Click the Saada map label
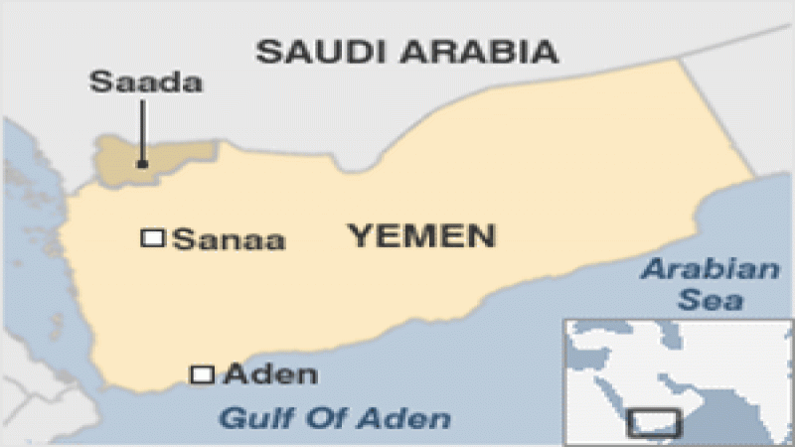pos(146,81)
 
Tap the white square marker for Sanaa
pos(153,237)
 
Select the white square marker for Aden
pos(202,374)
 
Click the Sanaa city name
pos(230,239)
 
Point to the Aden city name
pos(271,374)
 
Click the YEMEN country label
pos(420,235)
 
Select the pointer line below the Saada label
pos(142,129)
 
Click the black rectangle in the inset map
pos(655,423)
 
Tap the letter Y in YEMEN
pos(358,235)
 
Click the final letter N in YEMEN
pos(480,235)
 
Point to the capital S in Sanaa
pos(182,239)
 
